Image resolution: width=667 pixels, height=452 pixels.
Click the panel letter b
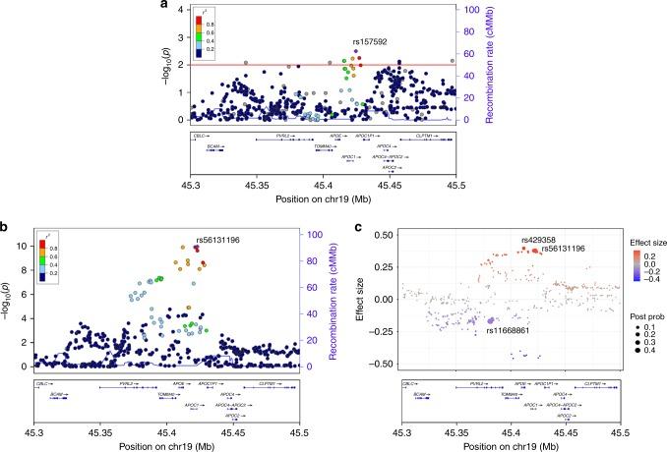click(x=5, y=229)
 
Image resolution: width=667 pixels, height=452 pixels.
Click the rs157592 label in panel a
click(x=372, y=42)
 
